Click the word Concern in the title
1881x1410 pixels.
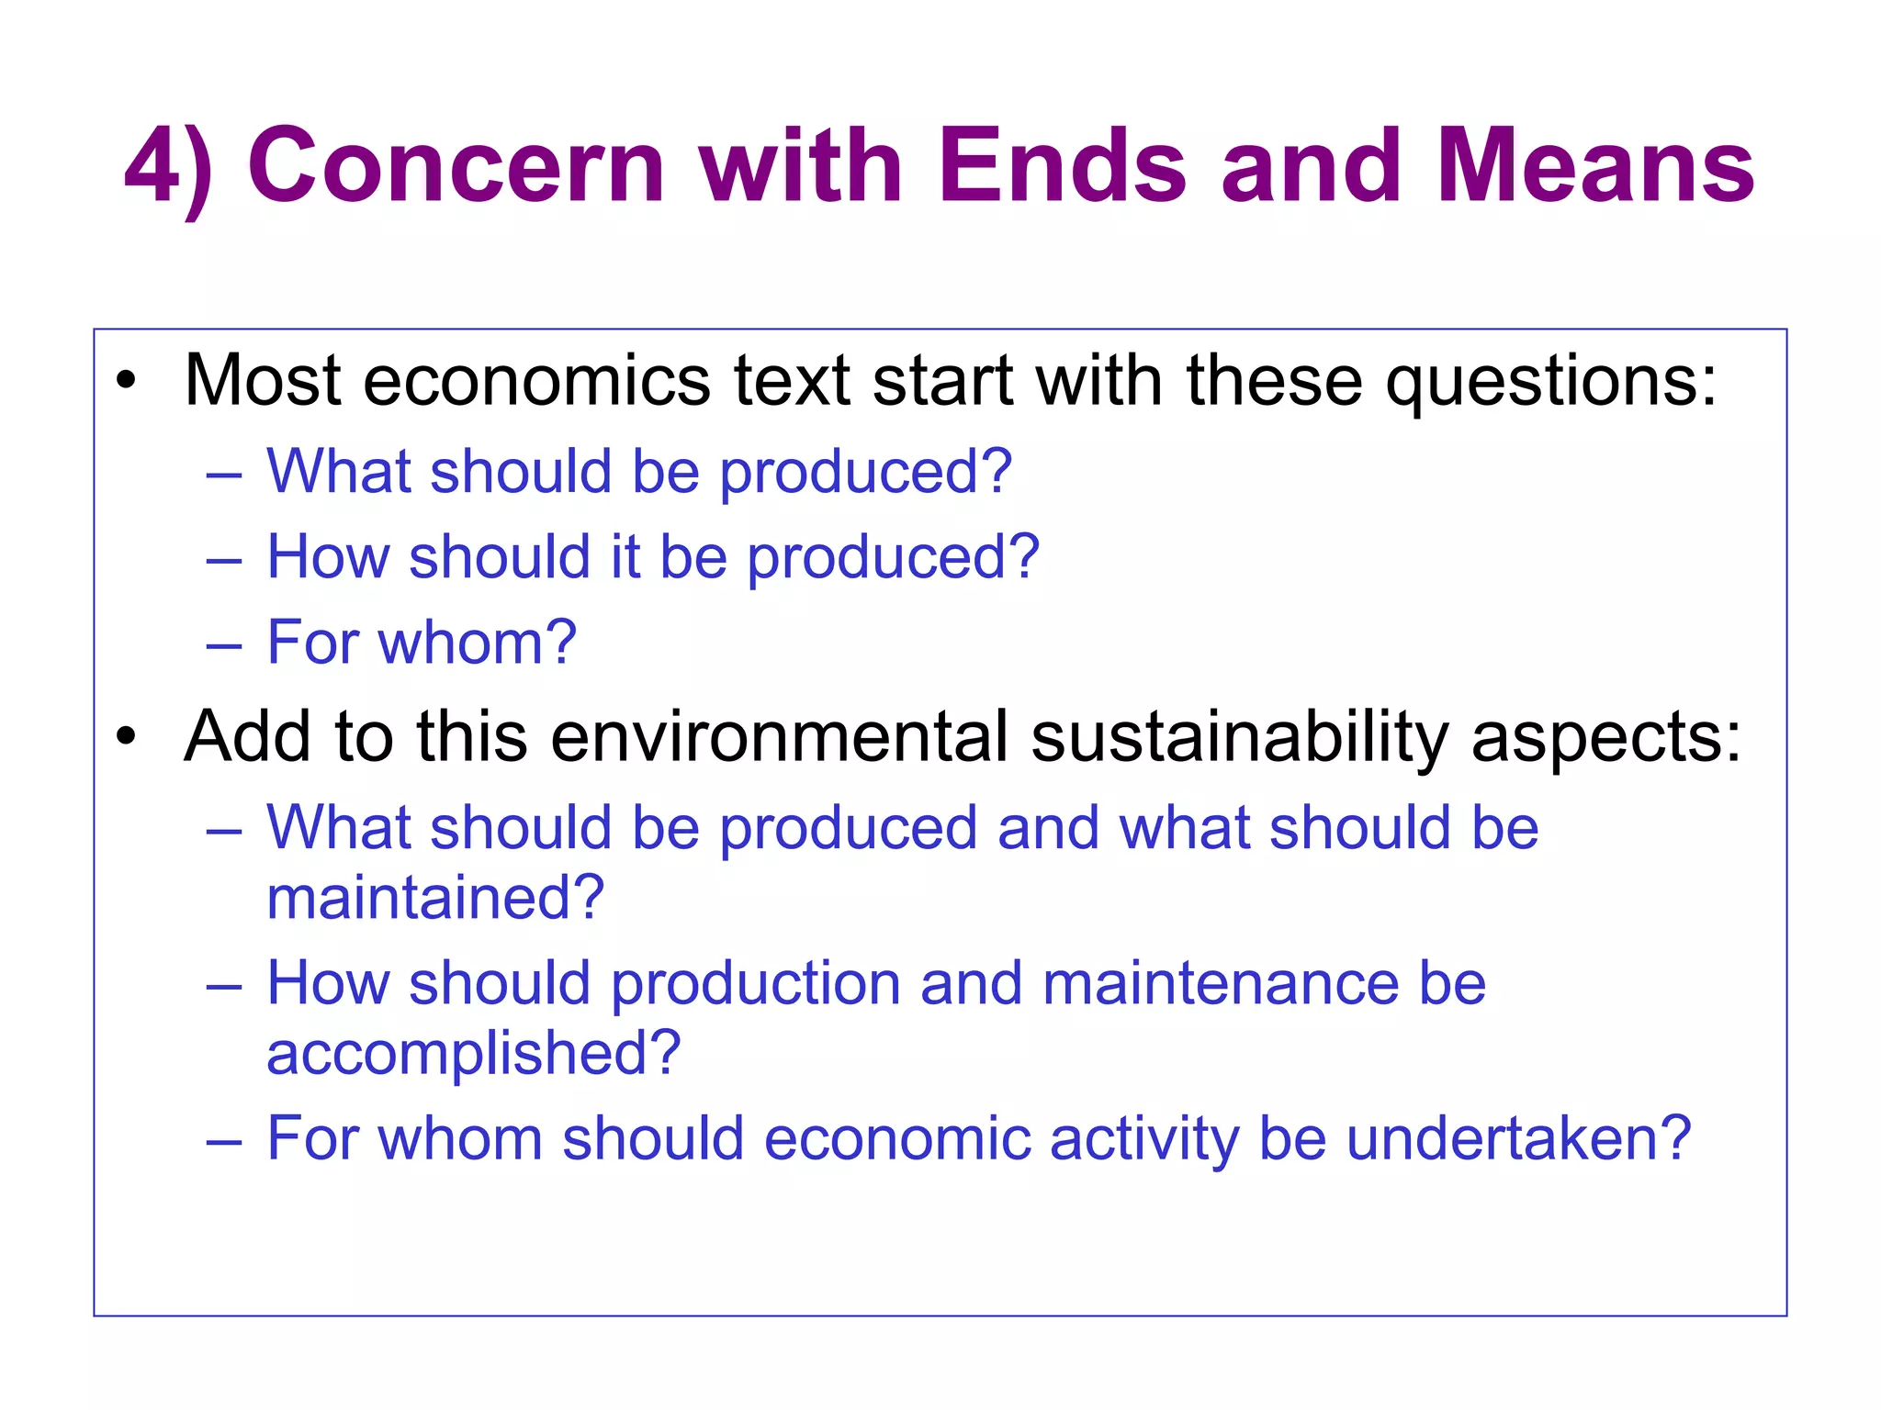coord(456,167)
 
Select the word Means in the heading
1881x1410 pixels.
coord(1595,167)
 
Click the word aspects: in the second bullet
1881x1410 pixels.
coord(1606,738)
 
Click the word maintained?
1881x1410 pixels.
coord(435,897)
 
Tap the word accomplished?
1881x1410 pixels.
coord(474,1053)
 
